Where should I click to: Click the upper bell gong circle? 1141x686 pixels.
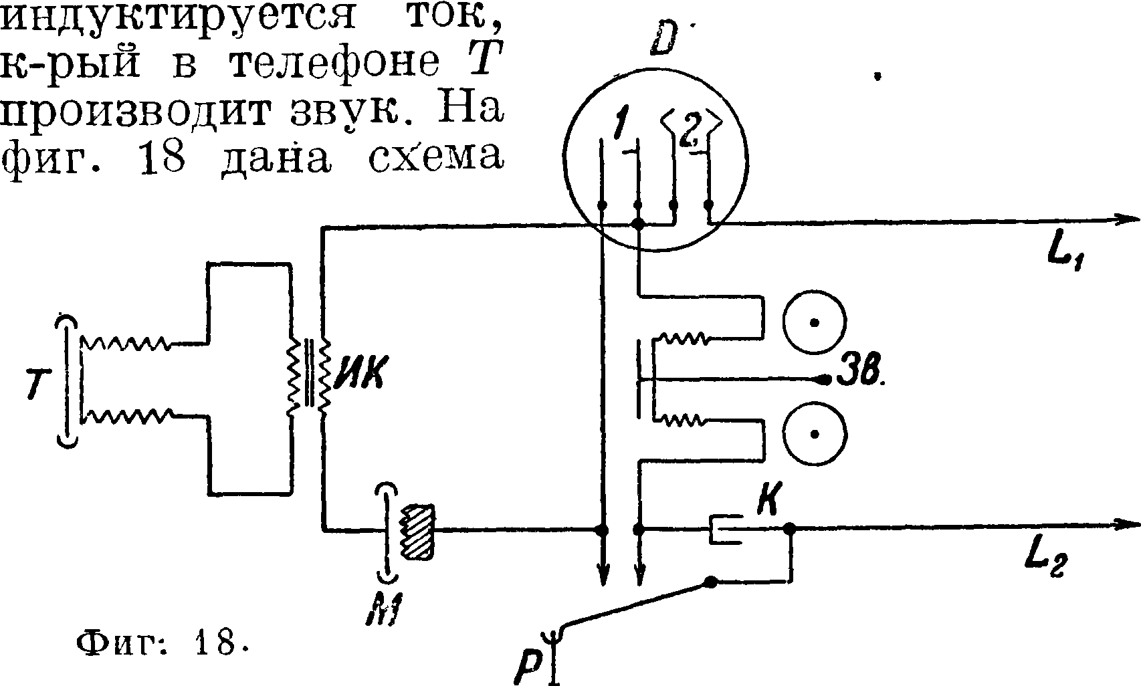pos(815,323)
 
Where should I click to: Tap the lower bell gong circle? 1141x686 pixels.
pos(815,434)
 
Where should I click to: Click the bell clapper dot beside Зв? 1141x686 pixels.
pos(824,379)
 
